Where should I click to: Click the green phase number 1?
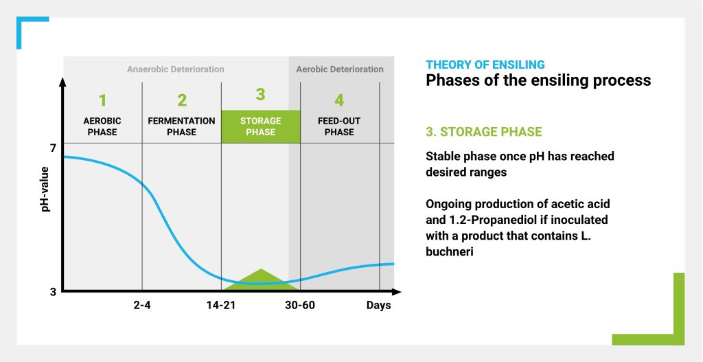tap(103, 100)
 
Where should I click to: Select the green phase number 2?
tap(181, 100)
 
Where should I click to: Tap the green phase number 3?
tap(260, 95)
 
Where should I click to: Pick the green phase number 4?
tap(339, 100)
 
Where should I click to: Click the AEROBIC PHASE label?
tap(102, 126)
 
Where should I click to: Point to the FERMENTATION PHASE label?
tap(181, 126)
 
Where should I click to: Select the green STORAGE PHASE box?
tap(260, 126)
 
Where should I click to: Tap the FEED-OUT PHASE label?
tap(339, 126)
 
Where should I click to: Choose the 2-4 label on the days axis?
tap(142, 306)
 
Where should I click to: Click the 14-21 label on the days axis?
tap(221, 306)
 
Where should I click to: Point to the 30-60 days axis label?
tap(300, 306)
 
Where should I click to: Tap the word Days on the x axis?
tap(379, 306)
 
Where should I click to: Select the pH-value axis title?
tap(45, 190)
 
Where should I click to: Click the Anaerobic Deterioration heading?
tap(175, 69)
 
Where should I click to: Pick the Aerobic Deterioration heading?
tap(340, 69)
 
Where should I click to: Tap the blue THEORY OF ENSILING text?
tap(485, 65)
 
